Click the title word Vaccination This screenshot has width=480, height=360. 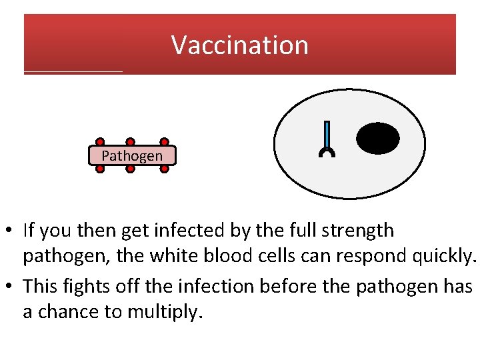pos(240,45)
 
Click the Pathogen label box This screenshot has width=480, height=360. pos(132,155)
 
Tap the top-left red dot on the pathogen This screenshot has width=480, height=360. pos(100,142)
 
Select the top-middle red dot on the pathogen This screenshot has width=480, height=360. pos(131,142)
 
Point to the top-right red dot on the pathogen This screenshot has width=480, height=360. pos(164,142)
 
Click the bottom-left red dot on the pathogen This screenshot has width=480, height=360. pos(100,169)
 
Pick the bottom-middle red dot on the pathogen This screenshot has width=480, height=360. pos(131,169)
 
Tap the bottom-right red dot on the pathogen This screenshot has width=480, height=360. pos(164,169)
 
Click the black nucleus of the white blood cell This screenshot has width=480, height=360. pos(378,139)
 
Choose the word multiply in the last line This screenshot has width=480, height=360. pos(168,311)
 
